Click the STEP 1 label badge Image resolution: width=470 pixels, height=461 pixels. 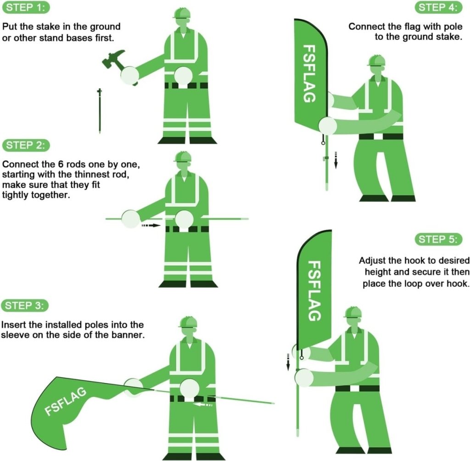(26, 8)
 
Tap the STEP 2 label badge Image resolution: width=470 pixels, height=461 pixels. (26, 146)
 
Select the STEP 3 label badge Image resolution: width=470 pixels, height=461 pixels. (26, 293)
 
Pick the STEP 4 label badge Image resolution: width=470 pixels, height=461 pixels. (439, 8)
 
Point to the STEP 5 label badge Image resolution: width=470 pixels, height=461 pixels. (439, 239)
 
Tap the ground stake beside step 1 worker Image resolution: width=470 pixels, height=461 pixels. (99, 111)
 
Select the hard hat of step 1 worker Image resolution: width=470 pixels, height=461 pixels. (182, 13)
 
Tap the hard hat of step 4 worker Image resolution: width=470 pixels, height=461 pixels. (376, 61)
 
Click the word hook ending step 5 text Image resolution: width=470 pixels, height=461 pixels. (459, 283)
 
